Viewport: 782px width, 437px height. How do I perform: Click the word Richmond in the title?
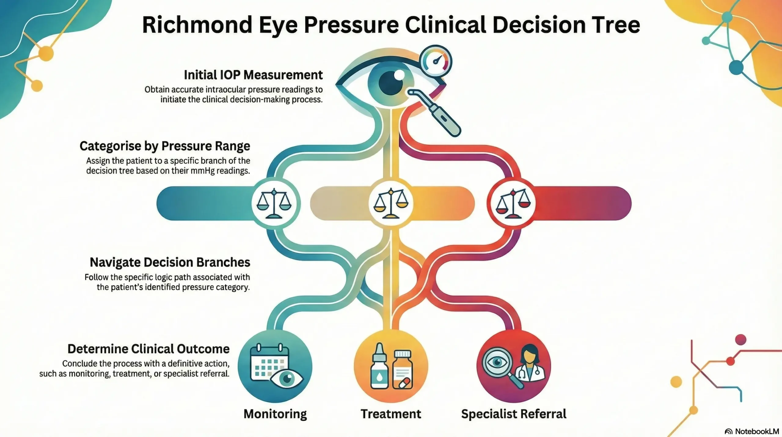tap(197, 25)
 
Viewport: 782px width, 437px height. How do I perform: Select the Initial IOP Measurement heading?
tap(253, 75)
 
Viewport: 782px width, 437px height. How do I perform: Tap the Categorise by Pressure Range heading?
tap(165, 146)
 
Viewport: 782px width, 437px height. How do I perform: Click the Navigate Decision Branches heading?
tap(170, 262)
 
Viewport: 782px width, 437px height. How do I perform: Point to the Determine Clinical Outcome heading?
tap(148, 349)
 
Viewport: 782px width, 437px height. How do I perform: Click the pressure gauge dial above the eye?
tap(436, 61)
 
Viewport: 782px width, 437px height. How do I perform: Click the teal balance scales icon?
tap(274, 203)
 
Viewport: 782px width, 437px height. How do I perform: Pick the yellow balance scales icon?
tap(391, 203)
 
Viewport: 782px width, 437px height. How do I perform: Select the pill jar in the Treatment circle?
tap(402, 370)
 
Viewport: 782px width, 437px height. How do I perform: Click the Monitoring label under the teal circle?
tap(275, 414)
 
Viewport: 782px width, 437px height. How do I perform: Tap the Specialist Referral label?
tap(513, 414)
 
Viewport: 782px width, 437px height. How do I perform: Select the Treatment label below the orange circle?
tap(391, 414)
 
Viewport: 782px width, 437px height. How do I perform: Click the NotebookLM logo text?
tap(756, 431)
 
